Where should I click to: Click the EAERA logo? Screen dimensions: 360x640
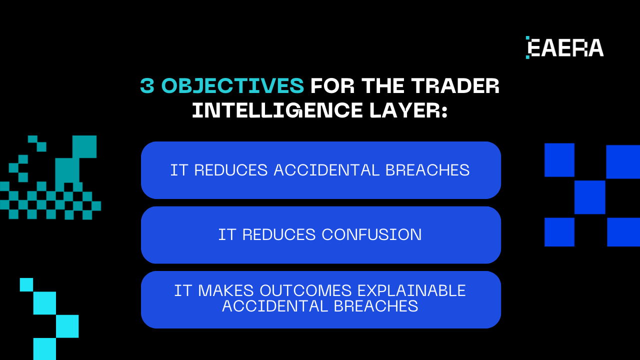pyautogui.click(x=565, y=47)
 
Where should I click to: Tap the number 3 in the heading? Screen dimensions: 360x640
pyautogui.click(x=147, y=86)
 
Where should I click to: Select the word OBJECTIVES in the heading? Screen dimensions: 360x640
pyautogui.click(x=233, y=86)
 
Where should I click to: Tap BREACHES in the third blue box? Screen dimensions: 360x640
pyautogui.click(x=375, y=306)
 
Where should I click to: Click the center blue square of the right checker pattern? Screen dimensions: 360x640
pyautogui.click(x=590, y=197)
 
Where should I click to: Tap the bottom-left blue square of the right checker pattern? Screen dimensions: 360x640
pyautogui.click(x=559, y=232)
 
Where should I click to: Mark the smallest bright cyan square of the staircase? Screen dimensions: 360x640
pyautogui.click(x=26, y=284)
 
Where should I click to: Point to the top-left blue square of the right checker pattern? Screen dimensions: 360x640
pyautogui.click(x=559, y=160)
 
